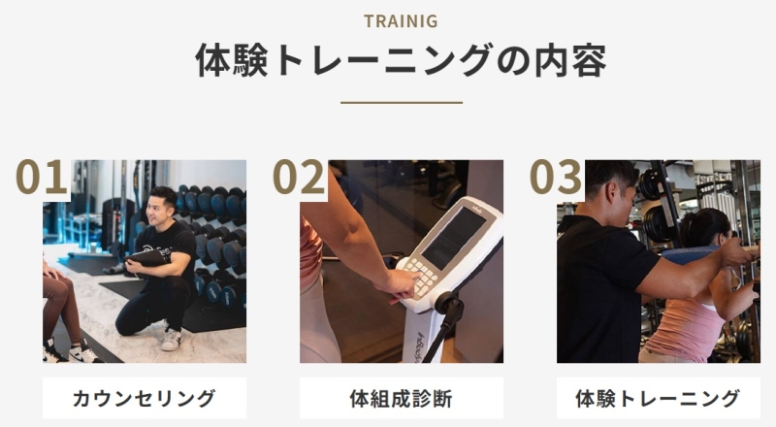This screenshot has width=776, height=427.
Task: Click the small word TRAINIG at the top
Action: coord(401,21)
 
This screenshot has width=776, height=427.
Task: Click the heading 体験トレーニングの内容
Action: coord(402,60)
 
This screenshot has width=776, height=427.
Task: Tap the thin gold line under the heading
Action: coord(402,103)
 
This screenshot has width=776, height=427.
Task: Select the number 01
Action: coord(42,177)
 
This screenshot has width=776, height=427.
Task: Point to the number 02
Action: coord(299,177)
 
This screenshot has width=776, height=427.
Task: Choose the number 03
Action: coord(555,177)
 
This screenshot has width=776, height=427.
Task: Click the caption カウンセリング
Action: coord(144,398)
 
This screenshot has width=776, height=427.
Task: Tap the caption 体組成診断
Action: coord(402,398)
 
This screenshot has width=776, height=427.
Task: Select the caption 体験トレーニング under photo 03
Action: coord(659,398)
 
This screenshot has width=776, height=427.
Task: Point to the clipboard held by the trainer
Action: coord(147,257)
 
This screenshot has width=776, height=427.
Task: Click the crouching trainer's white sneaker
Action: coord(172,340)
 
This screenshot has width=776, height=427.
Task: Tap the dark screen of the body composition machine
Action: coord(452,239)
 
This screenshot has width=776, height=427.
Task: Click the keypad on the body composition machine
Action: coord(421,279)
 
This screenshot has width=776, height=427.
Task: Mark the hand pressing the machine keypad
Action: coord(399,286)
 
